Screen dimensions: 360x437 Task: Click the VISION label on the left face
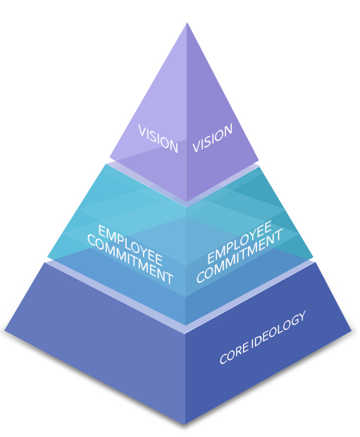point(158,139)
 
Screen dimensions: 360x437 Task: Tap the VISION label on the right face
point(212,138)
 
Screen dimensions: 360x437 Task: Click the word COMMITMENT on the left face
point(130,259)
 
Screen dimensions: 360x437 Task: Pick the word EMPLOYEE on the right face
point(240,242)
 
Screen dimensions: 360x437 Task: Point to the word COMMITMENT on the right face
point(240,255)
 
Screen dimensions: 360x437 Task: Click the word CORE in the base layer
point(234,353)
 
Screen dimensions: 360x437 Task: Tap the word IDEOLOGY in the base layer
point(279,330)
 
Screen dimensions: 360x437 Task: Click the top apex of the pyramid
point(187,23)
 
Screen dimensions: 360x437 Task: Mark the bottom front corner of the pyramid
point(185,424)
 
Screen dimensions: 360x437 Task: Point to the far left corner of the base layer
point(5,331)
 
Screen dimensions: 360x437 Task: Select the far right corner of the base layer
point(352,331)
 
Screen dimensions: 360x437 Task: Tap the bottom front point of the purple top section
point(187,202)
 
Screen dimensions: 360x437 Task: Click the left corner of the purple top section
point(109,157)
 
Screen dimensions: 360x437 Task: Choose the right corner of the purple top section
point(259,160)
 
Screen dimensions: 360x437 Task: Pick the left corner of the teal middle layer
point(47,257)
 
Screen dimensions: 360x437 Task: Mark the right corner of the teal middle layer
point(314,257)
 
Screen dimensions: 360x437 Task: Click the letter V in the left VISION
point(142,130)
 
